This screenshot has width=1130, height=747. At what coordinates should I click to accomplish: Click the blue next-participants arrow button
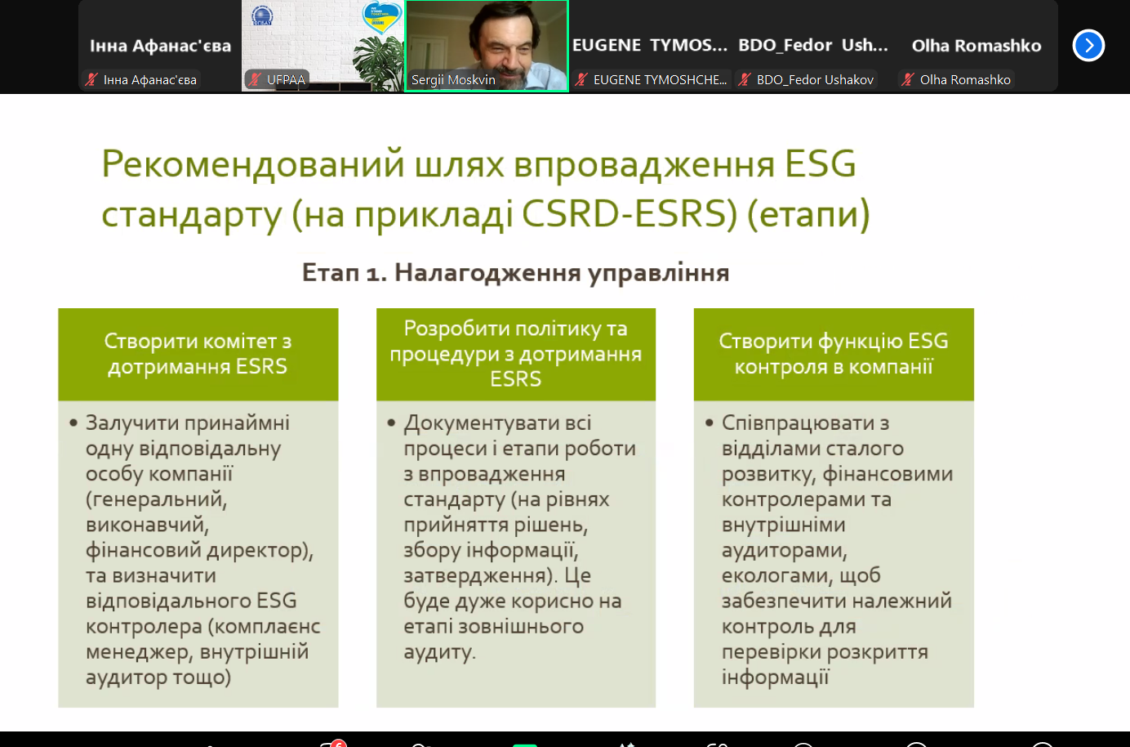1088,46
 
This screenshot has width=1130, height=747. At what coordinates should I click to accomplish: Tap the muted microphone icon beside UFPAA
255,80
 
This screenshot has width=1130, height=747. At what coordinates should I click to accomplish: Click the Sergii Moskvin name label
453,80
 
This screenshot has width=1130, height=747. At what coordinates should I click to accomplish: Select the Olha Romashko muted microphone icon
908,80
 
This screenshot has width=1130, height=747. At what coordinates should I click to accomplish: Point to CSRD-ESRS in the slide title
629,213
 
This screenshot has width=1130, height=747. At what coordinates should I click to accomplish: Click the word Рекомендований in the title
253,164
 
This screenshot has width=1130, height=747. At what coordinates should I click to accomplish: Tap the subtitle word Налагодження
487,273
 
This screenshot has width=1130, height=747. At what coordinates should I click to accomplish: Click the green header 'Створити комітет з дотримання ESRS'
198,354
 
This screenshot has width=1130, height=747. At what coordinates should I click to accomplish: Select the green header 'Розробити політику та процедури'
515,354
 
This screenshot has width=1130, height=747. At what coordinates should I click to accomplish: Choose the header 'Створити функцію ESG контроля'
834,354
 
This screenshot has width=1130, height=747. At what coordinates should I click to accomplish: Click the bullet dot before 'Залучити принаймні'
73,423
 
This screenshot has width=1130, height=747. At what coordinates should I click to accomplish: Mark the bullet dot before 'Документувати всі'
391,423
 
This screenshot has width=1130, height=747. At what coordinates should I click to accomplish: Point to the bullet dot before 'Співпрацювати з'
710,423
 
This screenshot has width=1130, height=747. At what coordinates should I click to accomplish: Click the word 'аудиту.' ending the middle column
439,652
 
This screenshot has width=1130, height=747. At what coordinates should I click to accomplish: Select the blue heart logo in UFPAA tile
382,16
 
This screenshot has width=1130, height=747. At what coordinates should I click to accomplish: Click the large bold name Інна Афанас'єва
160,46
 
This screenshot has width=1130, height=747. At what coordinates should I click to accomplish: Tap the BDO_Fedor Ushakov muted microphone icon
744,80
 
